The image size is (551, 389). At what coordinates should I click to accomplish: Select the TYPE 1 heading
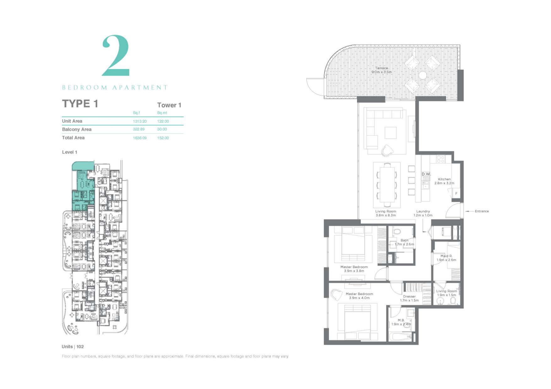coord(80,103)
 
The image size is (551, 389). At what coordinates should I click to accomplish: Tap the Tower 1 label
coord(169,105)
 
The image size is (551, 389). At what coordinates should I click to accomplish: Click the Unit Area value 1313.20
coord(140,121)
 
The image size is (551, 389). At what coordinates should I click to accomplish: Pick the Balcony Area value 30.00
coord(162,129)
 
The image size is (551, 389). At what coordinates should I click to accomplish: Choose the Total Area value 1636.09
coord(140,138)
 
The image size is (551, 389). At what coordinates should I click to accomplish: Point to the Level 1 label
coord(70,152)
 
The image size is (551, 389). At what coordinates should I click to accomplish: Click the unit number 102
coord(80,347)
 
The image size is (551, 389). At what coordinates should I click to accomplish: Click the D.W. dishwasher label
coord(426,174)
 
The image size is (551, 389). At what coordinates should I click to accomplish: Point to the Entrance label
coord(482,211)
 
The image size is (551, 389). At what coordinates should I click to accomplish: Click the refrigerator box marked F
coord(456,193)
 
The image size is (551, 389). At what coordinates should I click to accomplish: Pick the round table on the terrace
coord(422,75)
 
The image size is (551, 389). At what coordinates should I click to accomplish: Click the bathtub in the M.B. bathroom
coord(400,337)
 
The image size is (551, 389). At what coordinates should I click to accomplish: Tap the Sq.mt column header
coord(162,113)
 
